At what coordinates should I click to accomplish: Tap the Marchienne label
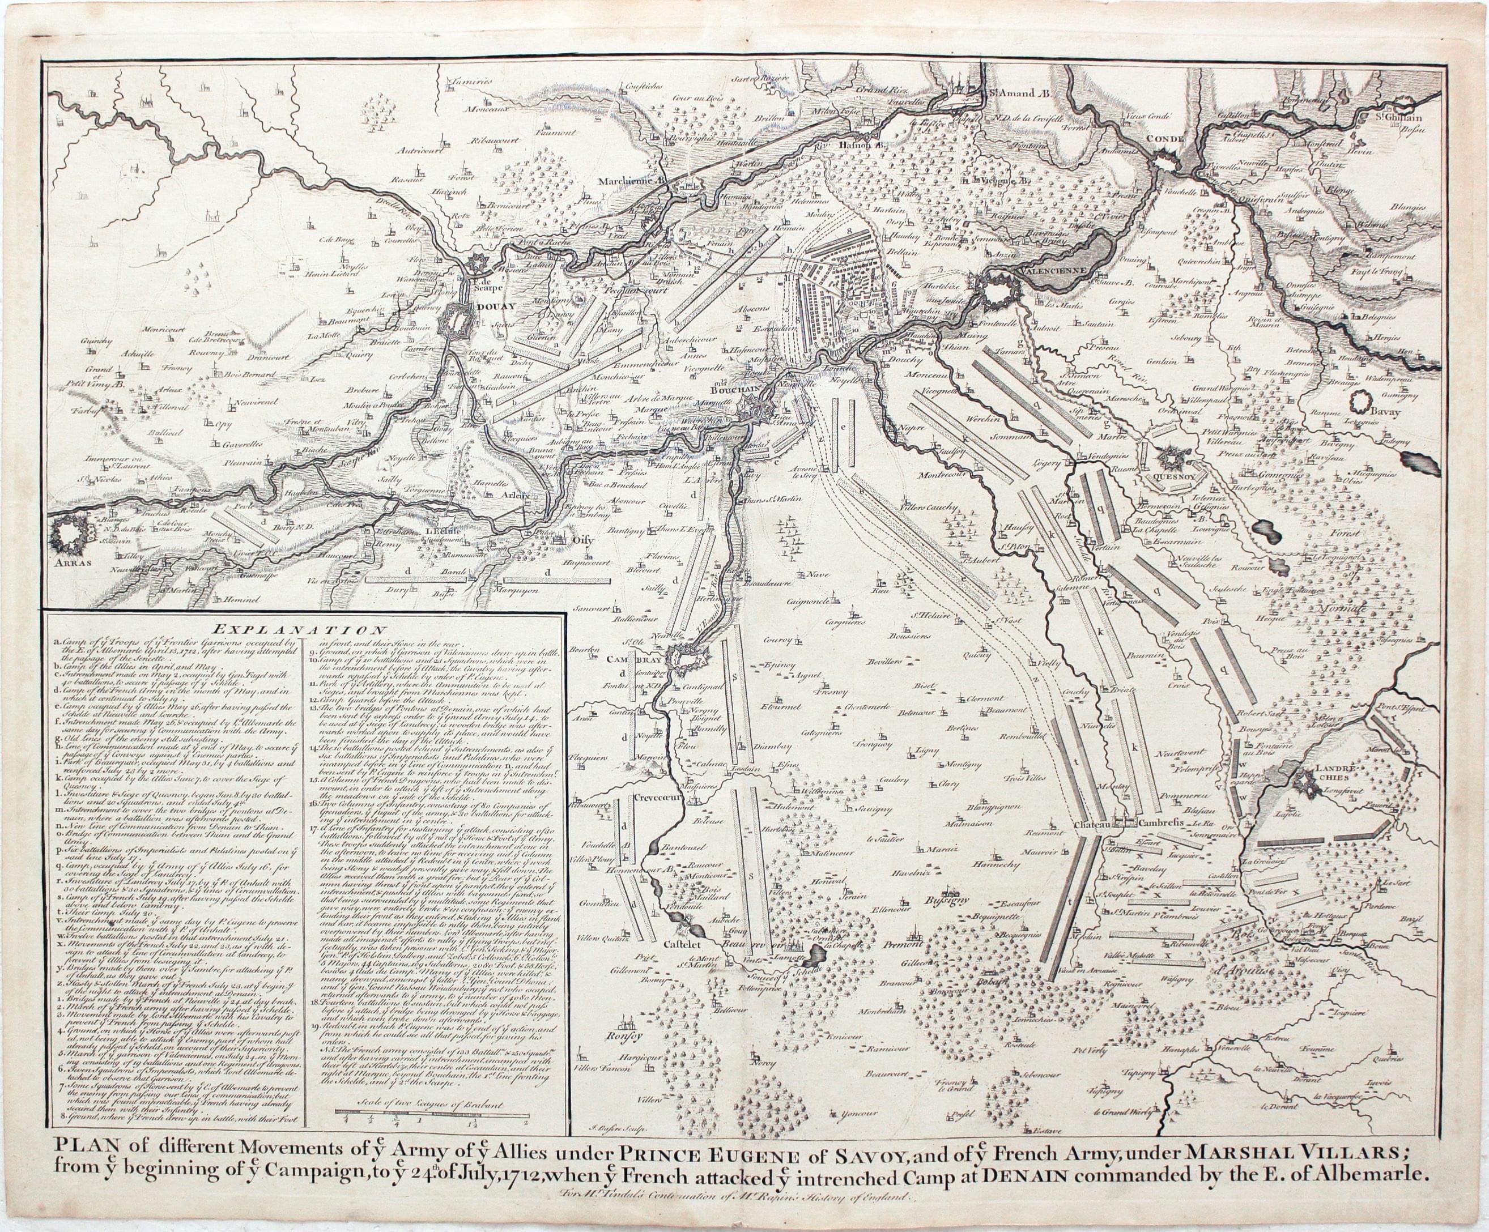coord(626,181)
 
